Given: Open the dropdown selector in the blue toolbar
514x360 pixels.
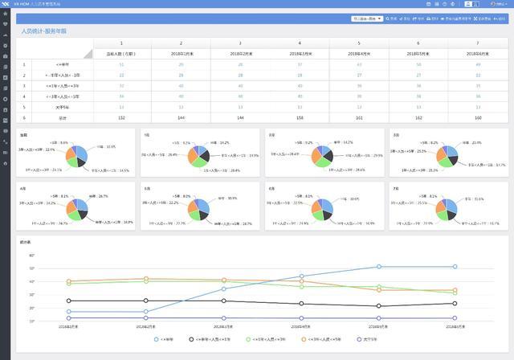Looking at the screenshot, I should (367, 18).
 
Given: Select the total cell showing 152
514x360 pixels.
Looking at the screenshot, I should (121, 117).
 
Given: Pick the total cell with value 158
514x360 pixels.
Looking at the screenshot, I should (300, 117).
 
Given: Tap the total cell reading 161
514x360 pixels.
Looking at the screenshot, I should (359, 117).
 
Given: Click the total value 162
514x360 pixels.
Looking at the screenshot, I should (418, 117).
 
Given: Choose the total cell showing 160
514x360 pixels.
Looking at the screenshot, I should (477, 117).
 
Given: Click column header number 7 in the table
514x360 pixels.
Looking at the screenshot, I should (477, 43).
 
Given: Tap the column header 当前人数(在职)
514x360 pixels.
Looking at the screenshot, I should (121, 53).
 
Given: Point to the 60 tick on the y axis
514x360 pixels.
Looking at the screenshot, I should (31, 256).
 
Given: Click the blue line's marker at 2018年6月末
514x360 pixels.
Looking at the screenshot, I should (455, 267).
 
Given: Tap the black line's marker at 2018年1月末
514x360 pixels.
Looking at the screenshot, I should (69, 301).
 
